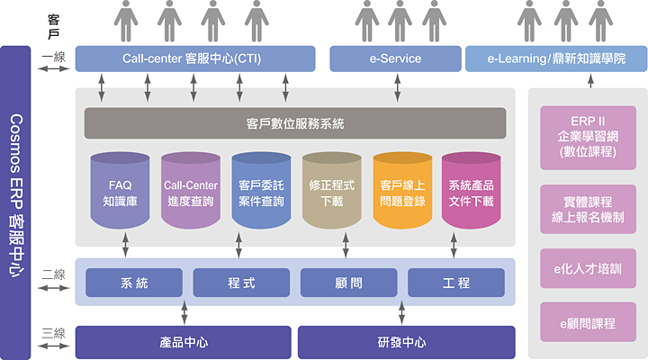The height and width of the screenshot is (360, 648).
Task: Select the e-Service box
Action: [x=395, y=58]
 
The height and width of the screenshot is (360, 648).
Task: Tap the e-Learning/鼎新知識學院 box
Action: [x=554, y=58]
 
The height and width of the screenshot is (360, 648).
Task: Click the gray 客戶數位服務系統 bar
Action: [x=294, y=123]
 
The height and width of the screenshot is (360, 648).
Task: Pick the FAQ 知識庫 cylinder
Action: [x=121, y=193]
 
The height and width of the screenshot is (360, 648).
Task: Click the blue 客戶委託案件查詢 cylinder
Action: [x=262, y=193]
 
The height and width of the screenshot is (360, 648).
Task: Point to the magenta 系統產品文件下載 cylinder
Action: [x=471, y=193]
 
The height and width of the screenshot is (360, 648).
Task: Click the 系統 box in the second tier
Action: [x=133, y=283]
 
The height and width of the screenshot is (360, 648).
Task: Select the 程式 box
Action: [x=241, y=283]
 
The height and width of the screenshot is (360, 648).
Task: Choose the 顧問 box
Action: [x=348, y=283]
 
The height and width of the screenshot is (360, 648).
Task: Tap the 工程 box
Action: [x=456, y=283]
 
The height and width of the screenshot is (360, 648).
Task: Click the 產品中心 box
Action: [x=184, y=342]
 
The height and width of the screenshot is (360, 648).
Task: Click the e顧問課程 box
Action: [x=588, y=322]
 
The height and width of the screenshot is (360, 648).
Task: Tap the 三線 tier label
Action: [x=53, y=334]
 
